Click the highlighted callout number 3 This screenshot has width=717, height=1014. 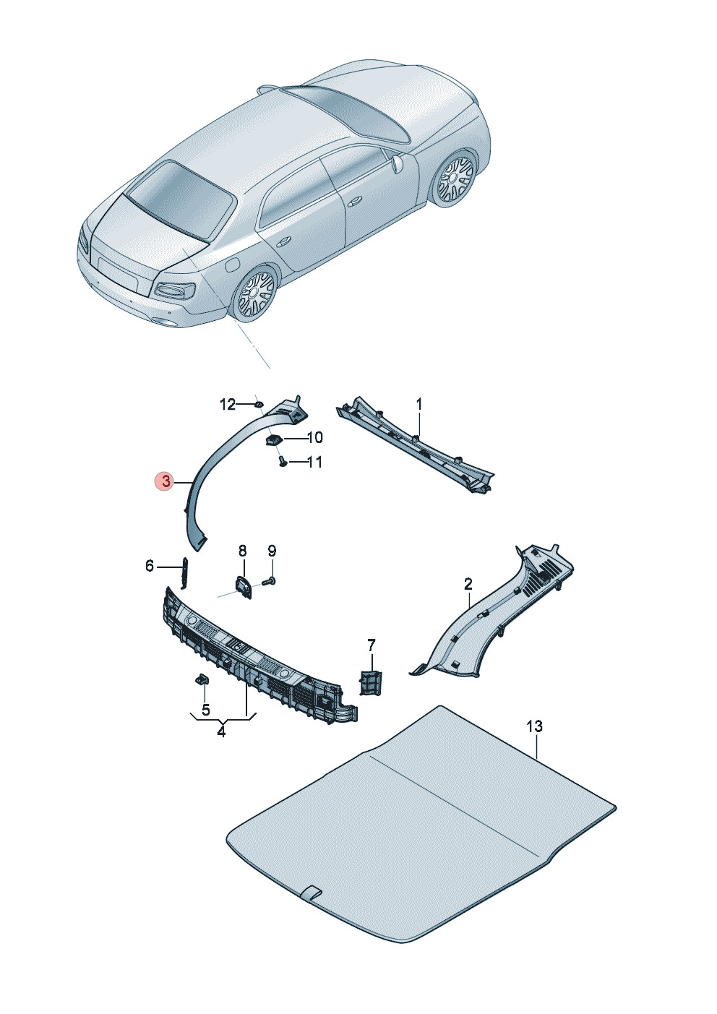coord(167,481)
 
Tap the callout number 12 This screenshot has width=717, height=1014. coord(228,404)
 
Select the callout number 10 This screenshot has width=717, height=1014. coord(315,437)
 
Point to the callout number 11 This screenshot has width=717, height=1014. coord(314,462)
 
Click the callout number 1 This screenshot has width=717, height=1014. coord(418,403)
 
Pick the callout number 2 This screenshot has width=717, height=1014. coord(468,583)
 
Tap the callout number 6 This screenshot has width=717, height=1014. coord(150,566)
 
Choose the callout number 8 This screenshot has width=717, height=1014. coord(243,551)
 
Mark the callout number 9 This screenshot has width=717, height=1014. coord(272,551)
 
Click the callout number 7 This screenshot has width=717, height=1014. coord(372,644)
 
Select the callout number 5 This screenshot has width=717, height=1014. coord(206,710)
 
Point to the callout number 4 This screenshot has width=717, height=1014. coord(221,731)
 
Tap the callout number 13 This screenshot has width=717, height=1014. coord(535,726)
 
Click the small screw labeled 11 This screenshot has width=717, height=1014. coord(282,462)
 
